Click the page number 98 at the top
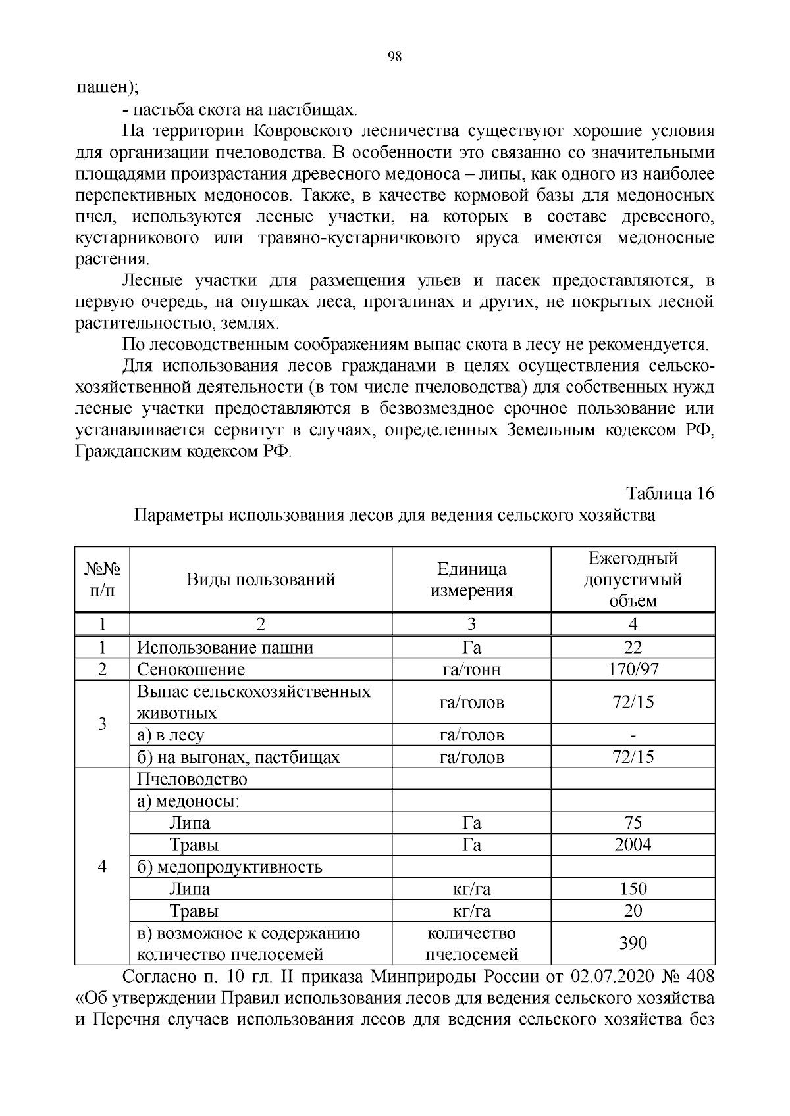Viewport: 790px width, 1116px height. point(395,57)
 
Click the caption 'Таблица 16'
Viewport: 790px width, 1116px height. point(670,493)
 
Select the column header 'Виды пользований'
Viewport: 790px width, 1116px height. point(261,579)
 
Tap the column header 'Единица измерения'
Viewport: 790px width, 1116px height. point(471,579)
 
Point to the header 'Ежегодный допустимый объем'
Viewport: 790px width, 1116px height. point(633,579)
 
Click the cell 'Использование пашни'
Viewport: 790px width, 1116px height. point(224,648)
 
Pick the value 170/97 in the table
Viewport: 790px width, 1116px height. point(633,669)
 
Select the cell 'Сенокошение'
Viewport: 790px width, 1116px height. point(191,669)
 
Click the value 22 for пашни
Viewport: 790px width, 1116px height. point(633,648)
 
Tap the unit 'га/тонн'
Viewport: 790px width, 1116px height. point(471,669)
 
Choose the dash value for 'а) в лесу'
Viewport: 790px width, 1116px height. point(633,735)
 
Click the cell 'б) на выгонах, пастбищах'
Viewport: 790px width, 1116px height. point(238,757)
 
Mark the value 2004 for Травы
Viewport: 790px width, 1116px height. point(633,845)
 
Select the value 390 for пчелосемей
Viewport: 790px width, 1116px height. point(633,944)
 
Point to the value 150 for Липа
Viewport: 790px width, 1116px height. point(633,889)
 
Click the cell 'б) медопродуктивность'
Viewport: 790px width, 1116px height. point(229,867)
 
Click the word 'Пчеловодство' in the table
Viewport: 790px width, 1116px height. point(192,779)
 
